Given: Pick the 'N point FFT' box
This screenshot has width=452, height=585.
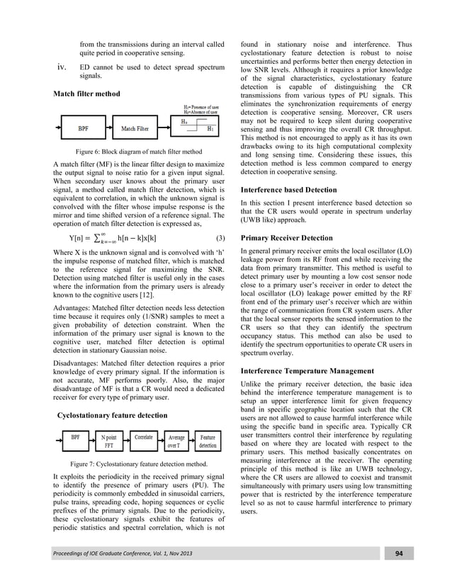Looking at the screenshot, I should (108, 442).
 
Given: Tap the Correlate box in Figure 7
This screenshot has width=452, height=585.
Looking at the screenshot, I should (145, 438).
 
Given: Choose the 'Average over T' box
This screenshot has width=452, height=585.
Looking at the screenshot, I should (176, 442).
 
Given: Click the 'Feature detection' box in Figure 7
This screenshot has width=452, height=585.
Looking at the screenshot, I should (208, 442).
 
